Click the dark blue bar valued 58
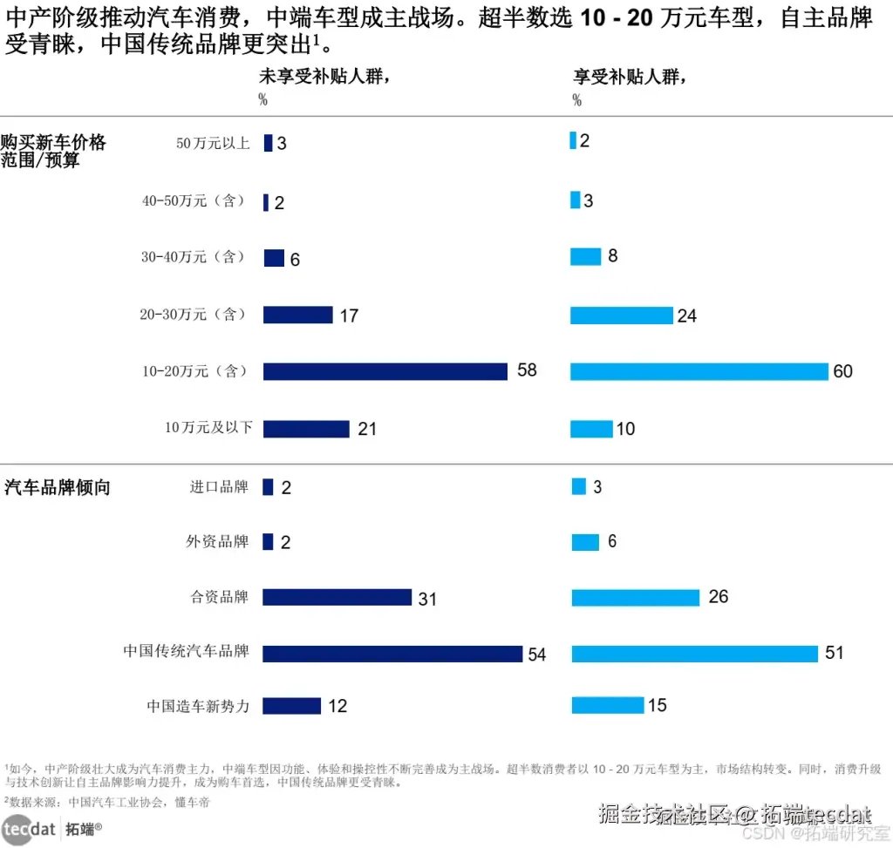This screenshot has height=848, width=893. click(385, 371)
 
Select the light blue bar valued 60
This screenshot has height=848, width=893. click(699, 371)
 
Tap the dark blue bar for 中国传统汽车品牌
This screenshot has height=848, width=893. click(392, 654)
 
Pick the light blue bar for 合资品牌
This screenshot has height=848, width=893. click(636, 597)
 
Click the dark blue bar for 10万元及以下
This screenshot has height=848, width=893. click(306, 429)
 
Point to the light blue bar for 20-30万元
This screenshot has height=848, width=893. click(622, 315)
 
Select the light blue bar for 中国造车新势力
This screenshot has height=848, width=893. click(608, 705)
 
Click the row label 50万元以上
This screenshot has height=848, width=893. click(213, 143)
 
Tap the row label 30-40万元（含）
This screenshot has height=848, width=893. click(194, 258)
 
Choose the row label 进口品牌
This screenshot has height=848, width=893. click(219, 487)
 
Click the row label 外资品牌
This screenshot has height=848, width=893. click(217, 541)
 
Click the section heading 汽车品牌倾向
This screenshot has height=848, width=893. click(58, 487)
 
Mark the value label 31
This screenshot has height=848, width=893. click(427, 600)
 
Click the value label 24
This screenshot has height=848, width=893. click(687, 315)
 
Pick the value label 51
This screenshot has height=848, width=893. click(835, 653)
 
